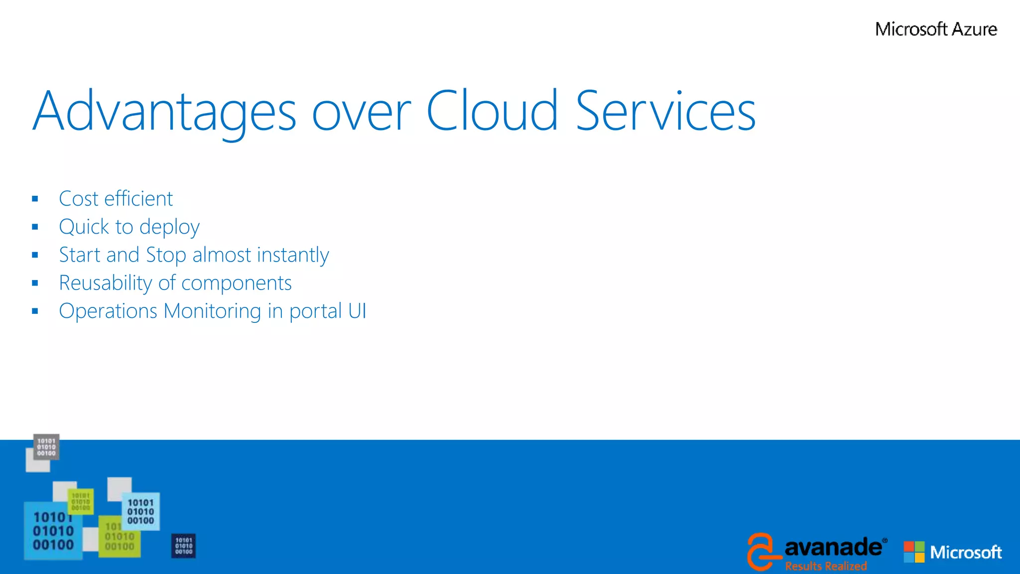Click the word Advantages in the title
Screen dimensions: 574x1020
164,112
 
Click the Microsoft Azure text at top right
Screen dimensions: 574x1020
936,29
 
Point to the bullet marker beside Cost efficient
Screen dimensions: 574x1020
35,199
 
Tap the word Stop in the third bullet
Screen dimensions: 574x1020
166,255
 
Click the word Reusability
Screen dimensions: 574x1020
105,283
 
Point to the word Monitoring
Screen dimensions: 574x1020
212,311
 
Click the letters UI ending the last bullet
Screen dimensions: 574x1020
357,311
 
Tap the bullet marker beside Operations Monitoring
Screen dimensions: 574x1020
35,311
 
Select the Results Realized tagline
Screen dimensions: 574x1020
826,566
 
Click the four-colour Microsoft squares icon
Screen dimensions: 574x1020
914,552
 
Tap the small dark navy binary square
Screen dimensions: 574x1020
183,546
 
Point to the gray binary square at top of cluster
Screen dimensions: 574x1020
46,447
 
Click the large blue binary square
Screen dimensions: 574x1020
53,531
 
